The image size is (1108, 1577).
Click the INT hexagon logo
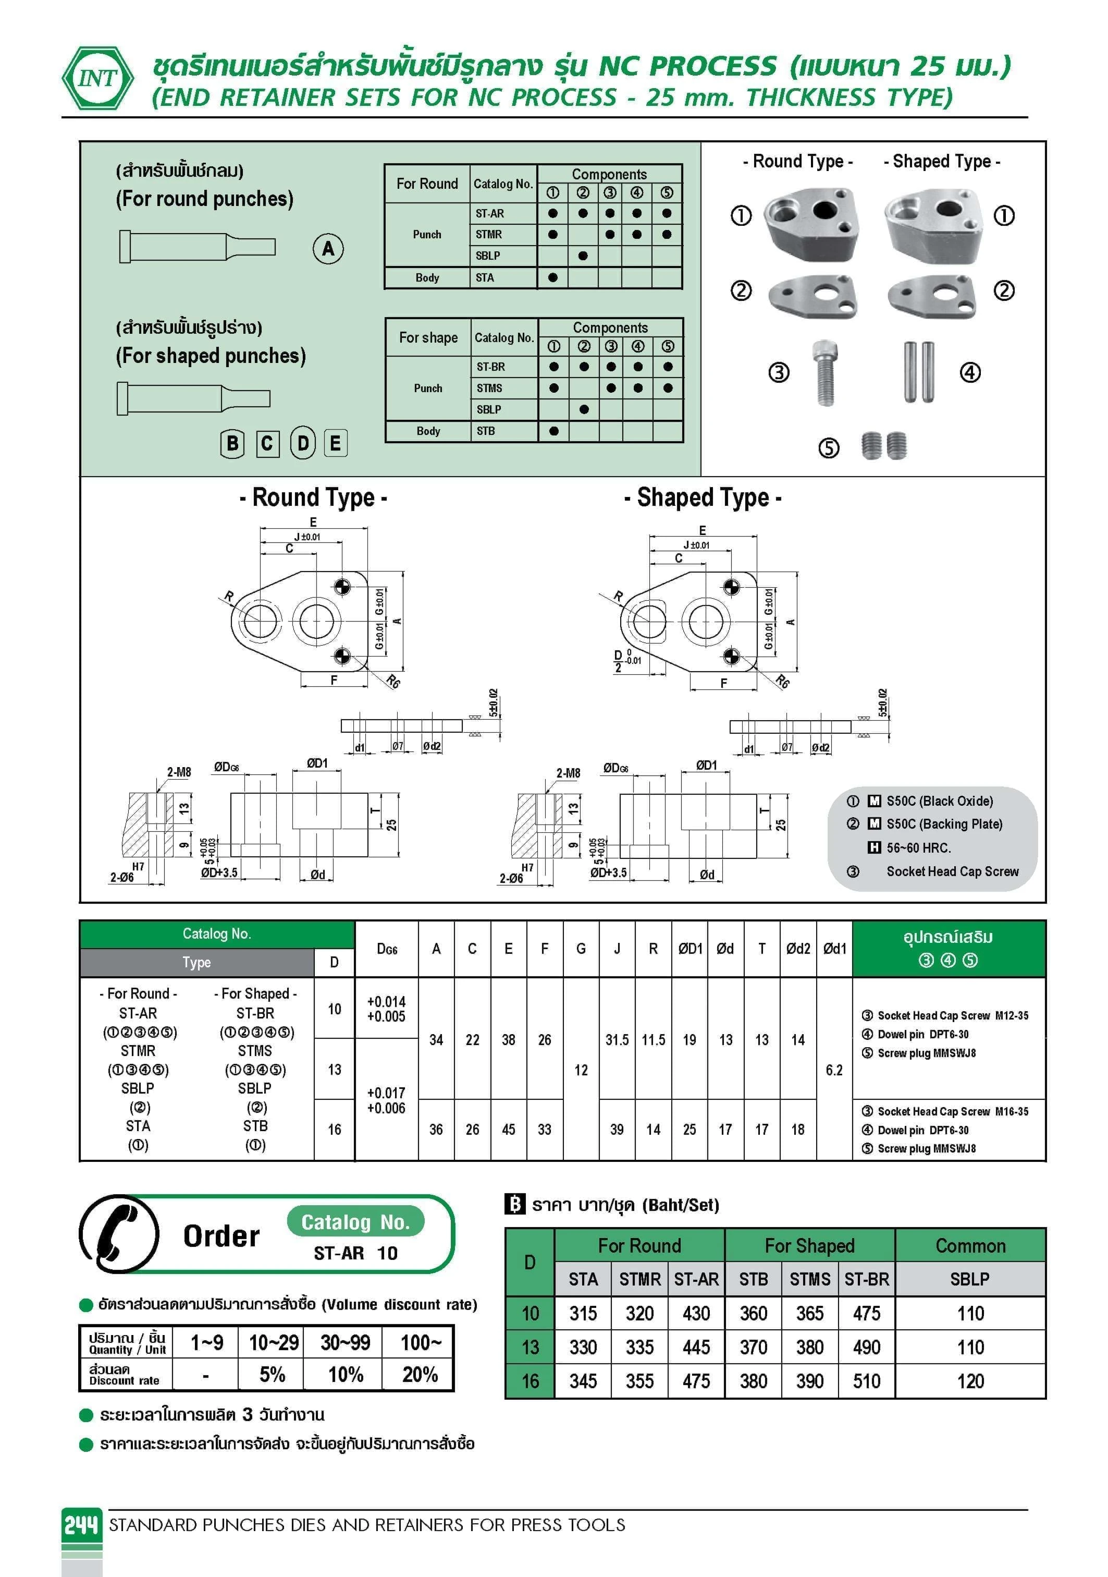pyautogui.click(x=98, y=78)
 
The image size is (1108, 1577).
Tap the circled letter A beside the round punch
pyautogui.click(x=328, y=249)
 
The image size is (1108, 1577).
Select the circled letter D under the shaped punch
pyautogui.click(x=303, y=443)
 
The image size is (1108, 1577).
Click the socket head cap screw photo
pyautogui.click(x=825, y=372)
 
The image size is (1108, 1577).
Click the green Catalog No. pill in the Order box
pyautogui.click(x=355, y=1222)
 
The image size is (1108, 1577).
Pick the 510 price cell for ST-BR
pyautogui.click(x=866, y=1380)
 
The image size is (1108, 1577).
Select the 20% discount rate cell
pyautogui.click(x=420, y=1374)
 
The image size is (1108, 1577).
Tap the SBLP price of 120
pyautogui.click(x=970, y=1380)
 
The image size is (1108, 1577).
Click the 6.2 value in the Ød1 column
pyautogui.click(x=834, y=1070)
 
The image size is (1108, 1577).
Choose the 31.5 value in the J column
pyautogui.click(x=617, y=1040)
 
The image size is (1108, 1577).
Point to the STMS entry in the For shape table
pyautogui.click(x=489, y=388)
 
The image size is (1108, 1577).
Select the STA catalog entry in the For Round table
pyautogui.click(x=485, y=277)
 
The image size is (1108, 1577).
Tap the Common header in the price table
pyautogui.click(x=970, y=1245)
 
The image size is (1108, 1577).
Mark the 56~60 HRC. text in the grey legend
pyautogui.click(x=918, y=847)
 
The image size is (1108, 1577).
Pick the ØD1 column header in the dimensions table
pyautogui.click(x=690, y=949)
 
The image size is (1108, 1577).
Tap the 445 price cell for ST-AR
pyautogui.click(x=696, y=1347)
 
